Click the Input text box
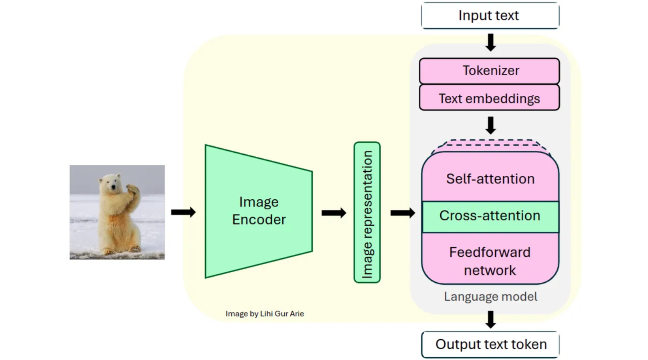pyautogui.click(x=490, y=16)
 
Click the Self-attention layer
pyautogui.click(x=490, y=179)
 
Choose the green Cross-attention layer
pyautogui.click(x=490, y=216)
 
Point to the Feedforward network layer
pyautogui.click(x=490, y=261)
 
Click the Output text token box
pyautogui.click(x=490, y=345)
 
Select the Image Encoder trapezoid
pyautogui.click(x=258, y=211)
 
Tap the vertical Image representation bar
pyautogui.click(x=367, y=213)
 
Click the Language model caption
pyautogui.click(x=490, y=297)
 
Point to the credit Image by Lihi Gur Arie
pyautogui.click(x=264, y=314)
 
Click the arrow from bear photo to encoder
pyautogui.click(x=183, y=212)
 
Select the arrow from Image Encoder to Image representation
pyautogui.click(x=334, y=213)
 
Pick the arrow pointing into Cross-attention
pyautogui.click(x=403, y=213)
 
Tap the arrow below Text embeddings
pyautogui.click(x=490, y=125)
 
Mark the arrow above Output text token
pyautogui.click(x=490, y=320)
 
